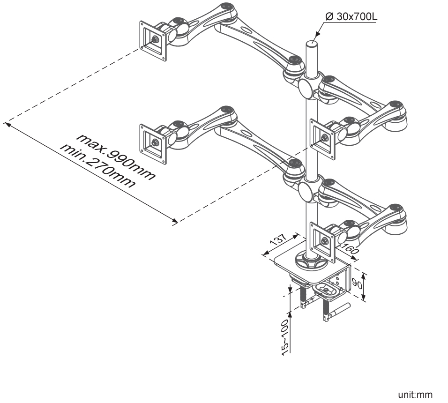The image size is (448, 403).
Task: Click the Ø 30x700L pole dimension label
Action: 351,16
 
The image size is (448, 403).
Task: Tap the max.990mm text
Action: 116,157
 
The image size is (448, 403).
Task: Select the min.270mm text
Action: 97,166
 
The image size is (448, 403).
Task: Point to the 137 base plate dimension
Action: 278,239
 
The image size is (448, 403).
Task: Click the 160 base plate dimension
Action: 349,249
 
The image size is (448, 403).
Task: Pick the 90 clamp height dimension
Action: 357,284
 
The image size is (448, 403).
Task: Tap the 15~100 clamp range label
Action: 285,337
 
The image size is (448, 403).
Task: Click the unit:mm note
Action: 415,395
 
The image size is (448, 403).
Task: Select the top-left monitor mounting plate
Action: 153,41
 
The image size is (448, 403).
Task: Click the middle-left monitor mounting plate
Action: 153,144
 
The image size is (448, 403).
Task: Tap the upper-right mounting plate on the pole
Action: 322,139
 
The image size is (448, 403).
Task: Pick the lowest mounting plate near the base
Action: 322,242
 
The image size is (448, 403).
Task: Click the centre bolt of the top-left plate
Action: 155,39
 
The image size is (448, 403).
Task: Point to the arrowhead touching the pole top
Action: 316,35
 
